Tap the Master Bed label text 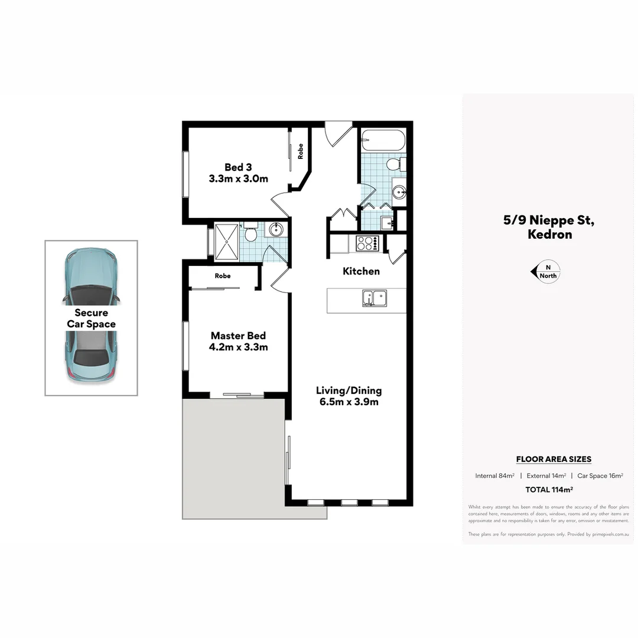tap(238, 341)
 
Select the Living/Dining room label tap(349, 396)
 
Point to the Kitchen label tap(361, 271)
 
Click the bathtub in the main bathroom tap(383, 141)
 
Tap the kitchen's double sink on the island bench tap(374, 298)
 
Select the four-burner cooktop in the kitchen tap(367, 243)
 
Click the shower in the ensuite tap(226, 241)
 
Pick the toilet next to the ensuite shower tap(250, 233)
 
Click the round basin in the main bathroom tap(399, 191)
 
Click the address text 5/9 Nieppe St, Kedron tap(549, 227)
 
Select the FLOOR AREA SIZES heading tap(554, 459)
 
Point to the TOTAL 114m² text tap(549, 489)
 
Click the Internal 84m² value tap(494, 476)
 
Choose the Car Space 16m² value tap(600, 476)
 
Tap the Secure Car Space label tap(91, 318)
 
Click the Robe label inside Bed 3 tap(300, 151)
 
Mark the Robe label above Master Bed tap(223, 276)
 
